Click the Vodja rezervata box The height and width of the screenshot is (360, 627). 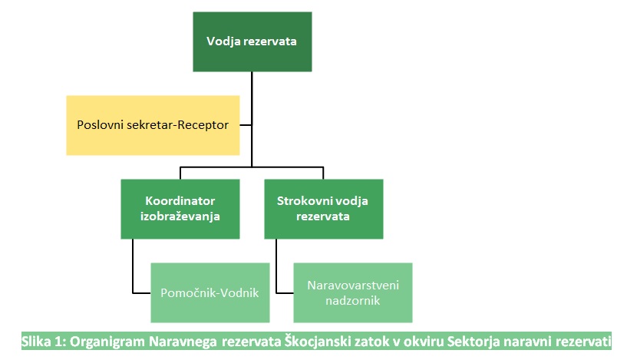click(252, 41)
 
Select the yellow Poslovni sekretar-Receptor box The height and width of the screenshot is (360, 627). click(153, 125)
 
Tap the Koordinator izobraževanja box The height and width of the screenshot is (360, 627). click(180, 209)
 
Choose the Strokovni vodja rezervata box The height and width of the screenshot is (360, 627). click(324, 209)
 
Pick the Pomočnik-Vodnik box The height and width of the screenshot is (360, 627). click(210, 292)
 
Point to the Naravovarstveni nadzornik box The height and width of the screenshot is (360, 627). click(353, 292)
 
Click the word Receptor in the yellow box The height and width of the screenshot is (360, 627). click(203, 125)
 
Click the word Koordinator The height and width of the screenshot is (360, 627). click(180, 201)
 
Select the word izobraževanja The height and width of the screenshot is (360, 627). click(180, 216)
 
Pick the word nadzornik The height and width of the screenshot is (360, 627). click(353, 300)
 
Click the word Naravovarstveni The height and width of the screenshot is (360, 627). click(353, 286)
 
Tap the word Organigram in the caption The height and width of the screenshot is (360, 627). click(107, 342)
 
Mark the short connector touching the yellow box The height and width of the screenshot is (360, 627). click(246, 125)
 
